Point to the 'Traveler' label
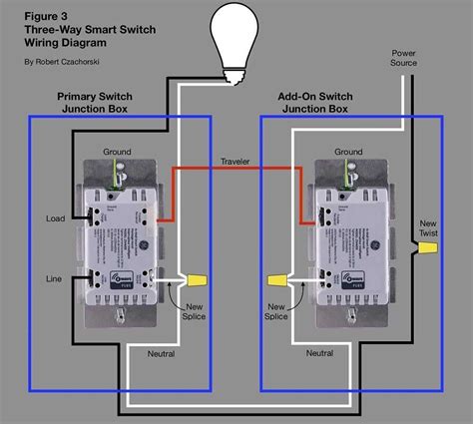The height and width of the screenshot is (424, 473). tap(236, 161)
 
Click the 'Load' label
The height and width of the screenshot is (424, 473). tap(55, 217)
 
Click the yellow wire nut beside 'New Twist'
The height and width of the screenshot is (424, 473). tap(429, 245)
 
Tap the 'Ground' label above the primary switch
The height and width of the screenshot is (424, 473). tap(119, 152)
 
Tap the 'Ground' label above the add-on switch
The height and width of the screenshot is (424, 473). tap(348, 152)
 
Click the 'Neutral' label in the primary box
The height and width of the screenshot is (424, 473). tap(162, 353)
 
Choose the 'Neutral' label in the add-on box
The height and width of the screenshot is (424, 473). tap(319, 353)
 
